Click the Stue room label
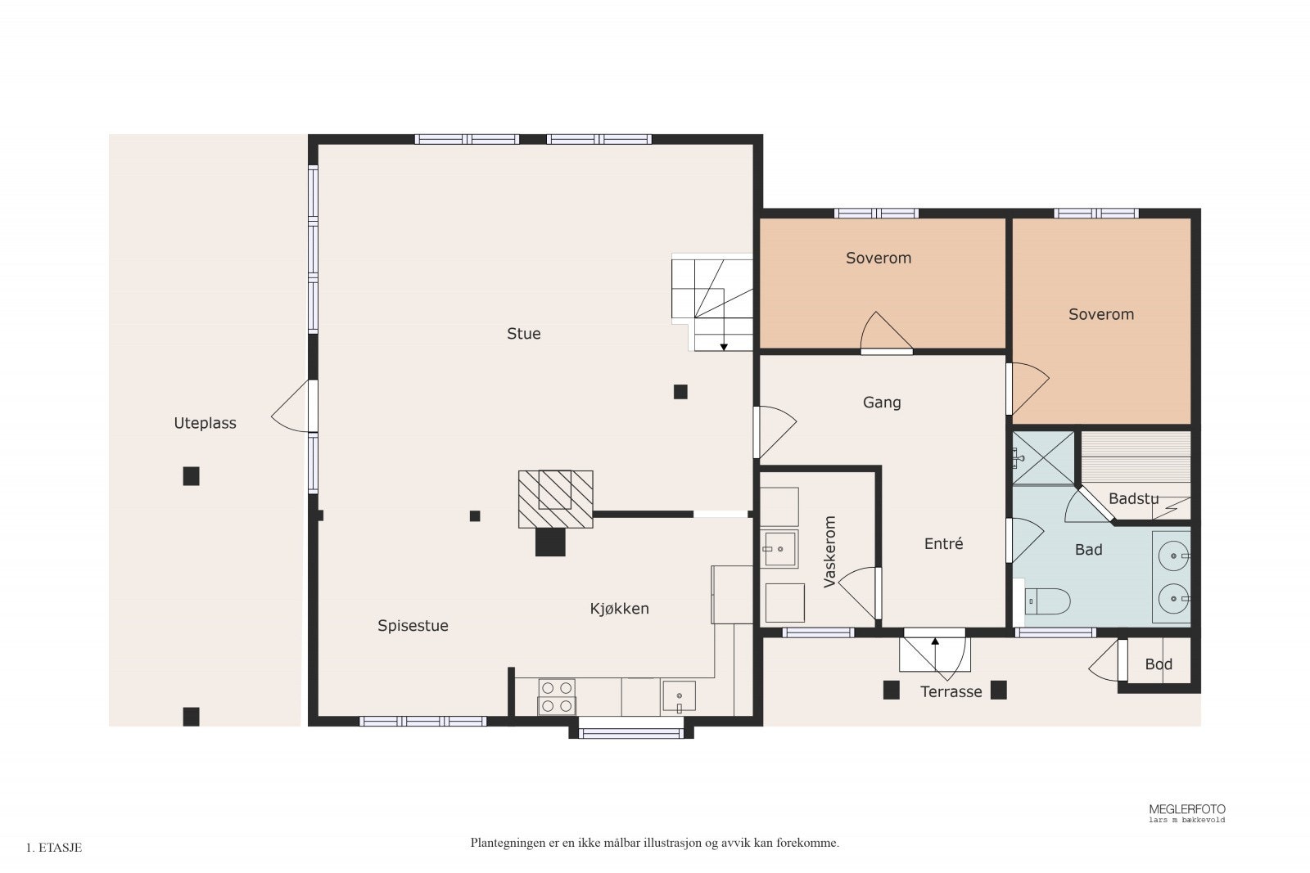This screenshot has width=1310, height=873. point(523,334)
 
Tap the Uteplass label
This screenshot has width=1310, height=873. point(205,423)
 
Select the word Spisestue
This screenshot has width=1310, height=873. point(413,626)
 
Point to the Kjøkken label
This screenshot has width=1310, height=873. point(619,609)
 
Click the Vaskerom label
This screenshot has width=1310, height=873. point(829,551)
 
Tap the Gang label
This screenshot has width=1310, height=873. point(882,403)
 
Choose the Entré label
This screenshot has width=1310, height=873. point(943,543)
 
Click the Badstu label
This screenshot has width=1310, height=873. point(1133,499)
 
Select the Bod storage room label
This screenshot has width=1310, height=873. point(1159,664)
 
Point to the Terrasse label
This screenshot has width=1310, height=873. point(951,692)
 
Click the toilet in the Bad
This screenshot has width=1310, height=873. point(1046,601)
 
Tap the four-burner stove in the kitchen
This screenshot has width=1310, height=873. point(556,696)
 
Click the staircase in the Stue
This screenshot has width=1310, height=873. point(711,302)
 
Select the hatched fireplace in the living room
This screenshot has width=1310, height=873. point(556,499)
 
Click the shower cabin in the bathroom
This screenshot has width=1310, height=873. point(1043,458)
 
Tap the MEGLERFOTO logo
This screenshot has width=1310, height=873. point(1186,812)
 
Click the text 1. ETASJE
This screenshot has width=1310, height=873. point(54,848)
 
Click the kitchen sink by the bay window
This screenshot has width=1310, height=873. point(679,696)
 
